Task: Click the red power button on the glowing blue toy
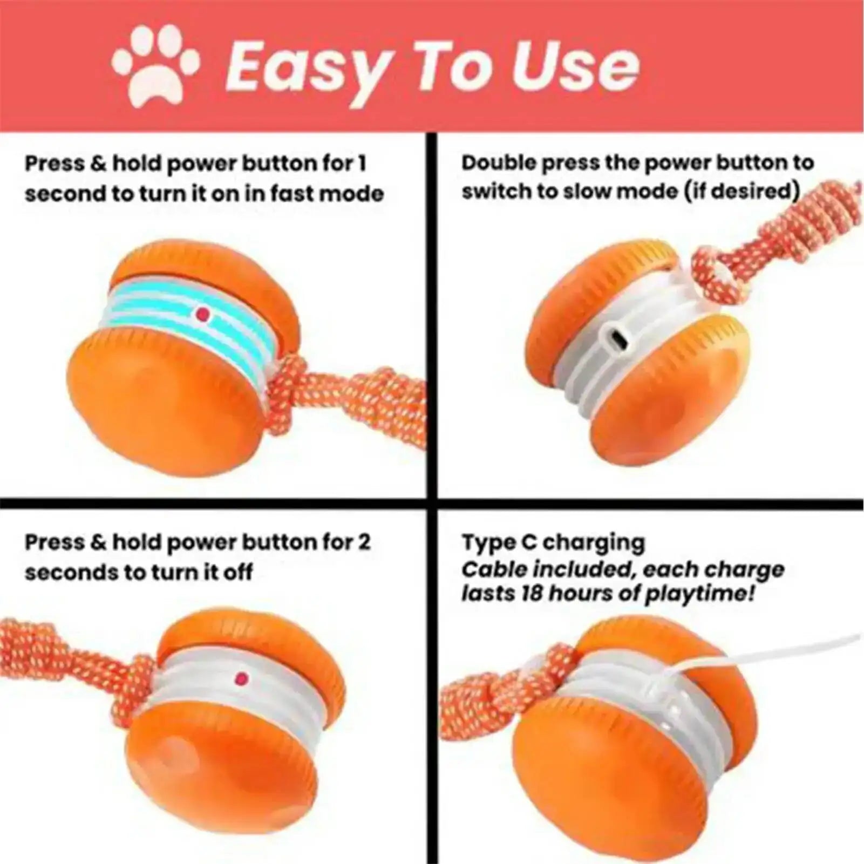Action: point(203,313)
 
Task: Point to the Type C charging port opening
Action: point(620,341)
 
